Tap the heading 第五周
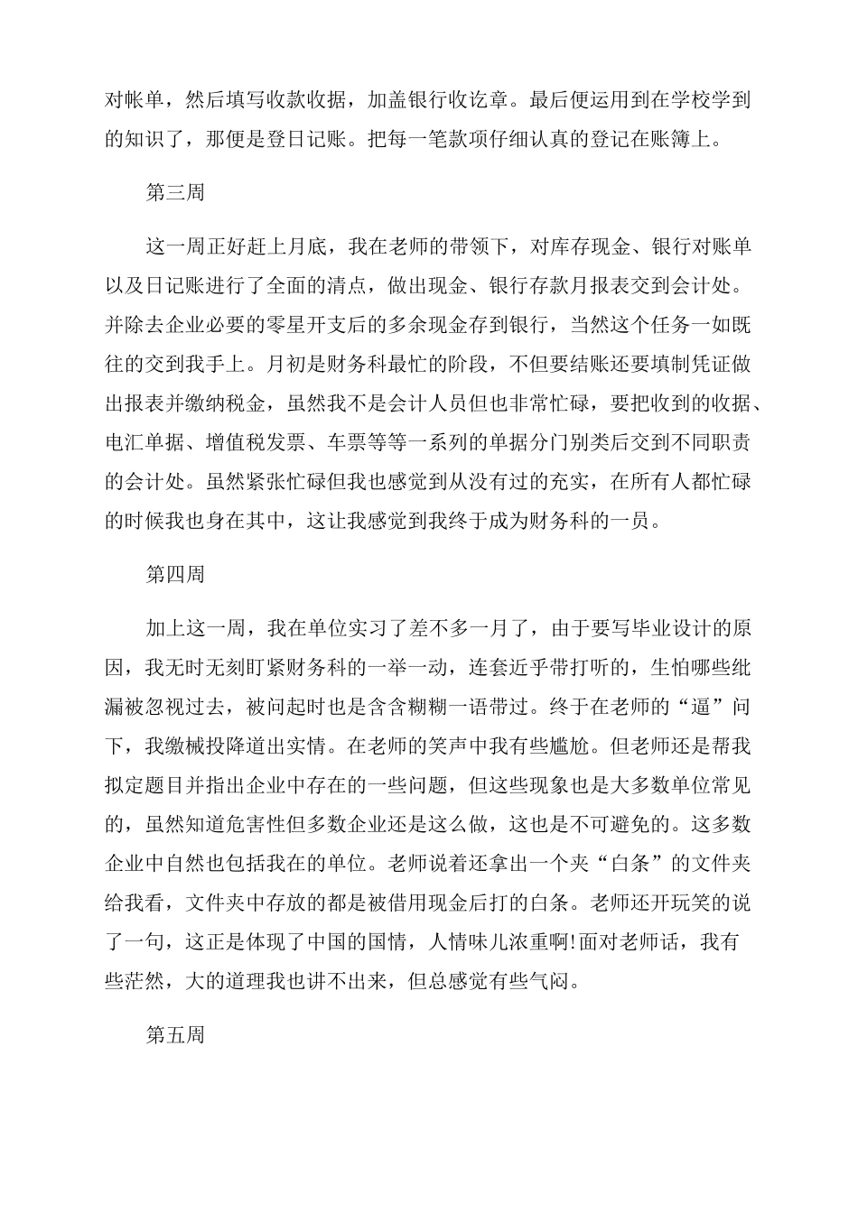(175, 1033)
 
